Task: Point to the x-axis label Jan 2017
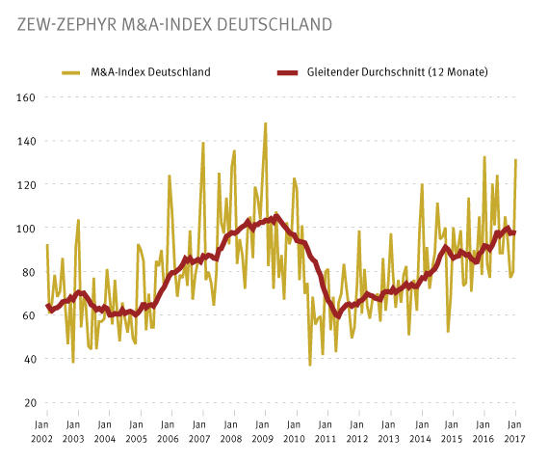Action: [x=515, y=431]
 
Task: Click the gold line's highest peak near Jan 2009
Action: [x=265, y=123]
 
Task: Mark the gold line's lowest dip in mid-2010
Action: [x=310, y=365]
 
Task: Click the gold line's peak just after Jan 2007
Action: [x=203, y=143]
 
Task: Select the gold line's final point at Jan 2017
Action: [x=516, y=160]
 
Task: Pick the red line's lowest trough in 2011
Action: [x=337, y=316]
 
